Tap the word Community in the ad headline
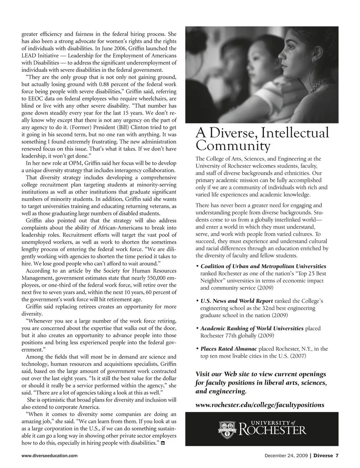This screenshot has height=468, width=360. click(233, 146)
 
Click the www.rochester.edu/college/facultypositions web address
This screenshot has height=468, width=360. click(260, 405)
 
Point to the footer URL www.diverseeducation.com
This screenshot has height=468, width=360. click(49, 456)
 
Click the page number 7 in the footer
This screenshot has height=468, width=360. click(337, 456)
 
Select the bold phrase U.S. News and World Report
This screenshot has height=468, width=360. click(237, 301)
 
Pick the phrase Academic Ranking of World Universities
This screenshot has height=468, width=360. click(252, 328)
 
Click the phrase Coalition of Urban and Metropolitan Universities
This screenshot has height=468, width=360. click(263, 266)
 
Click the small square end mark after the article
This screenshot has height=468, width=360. click(163, 444)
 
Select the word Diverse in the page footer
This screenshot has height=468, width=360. click(323, 456)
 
